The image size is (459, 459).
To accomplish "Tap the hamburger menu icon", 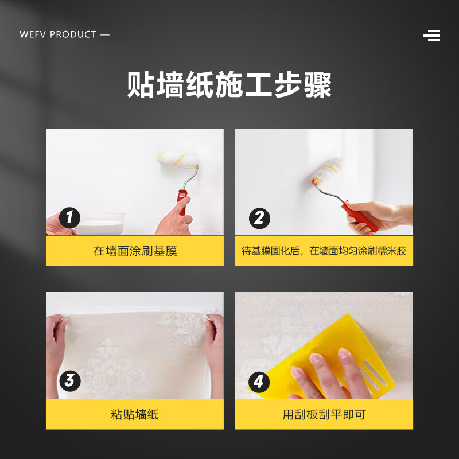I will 431,36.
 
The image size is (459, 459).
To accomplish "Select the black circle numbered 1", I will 70,217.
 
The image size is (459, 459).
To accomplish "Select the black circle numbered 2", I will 259,218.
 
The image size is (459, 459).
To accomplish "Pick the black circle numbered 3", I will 70,380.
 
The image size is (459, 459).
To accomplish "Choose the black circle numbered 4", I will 259,382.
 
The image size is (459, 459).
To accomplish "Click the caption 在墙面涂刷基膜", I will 135,251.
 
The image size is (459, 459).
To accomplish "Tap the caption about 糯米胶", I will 324,251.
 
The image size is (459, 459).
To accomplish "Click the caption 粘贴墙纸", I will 135,414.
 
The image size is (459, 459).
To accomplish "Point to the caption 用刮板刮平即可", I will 324,414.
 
